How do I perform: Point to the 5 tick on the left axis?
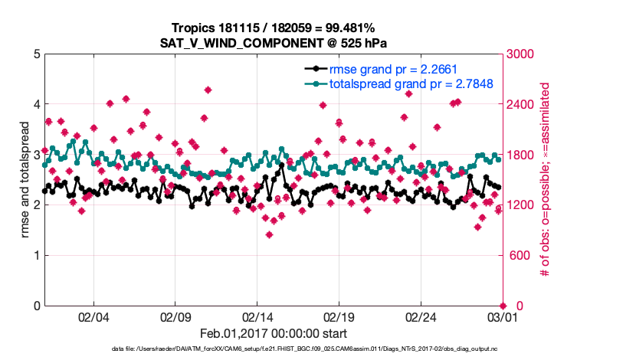pos(36,54)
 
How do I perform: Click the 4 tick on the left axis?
pos(36,104)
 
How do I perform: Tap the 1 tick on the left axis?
pos(36,255)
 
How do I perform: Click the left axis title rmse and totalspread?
pos(25,180)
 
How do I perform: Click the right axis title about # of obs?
pos(546,180)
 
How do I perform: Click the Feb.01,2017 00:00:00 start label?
pos(274,333)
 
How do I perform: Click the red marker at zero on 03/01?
pos(503,305)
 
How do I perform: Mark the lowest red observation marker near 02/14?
pos(269,234)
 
